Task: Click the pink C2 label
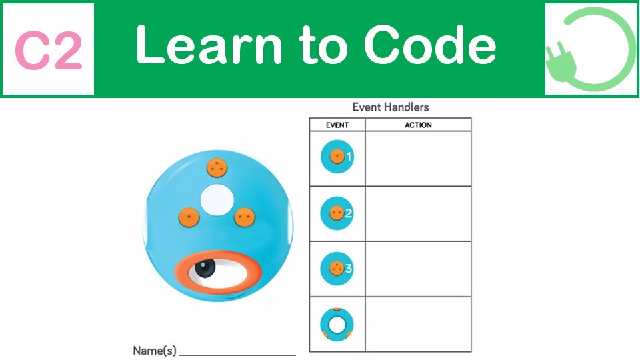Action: [x=49, y=51]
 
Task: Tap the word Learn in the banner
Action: [x=209, y=45]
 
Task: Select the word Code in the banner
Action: [x=430, y=45]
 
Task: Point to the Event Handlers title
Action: [x=391, y=107]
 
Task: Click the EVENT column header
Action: [x=337, y=125]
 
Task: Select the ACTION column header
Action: [x=418, y=125]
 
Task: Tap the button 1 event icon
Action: [x=337, y=156]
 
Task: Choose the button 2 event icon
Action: [x=337, y=213]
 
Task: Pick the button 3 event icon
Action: [x=337, y=268]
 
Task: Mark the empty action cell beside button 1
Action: [x=418, y=159]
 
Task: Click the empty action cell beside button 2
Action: [x=418, y=214]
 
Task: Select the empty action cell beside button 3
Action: [x=418, y=269]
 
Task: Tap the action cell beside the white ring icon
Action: [x=418, y=325]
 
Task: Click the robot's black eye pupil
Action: [x=205, y=268]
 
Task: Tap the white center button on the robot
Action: [x=217, y=200]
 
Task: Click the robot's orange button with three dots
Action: [x=217, y=167]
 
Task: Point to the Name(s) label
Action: [x=155, y=351]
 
